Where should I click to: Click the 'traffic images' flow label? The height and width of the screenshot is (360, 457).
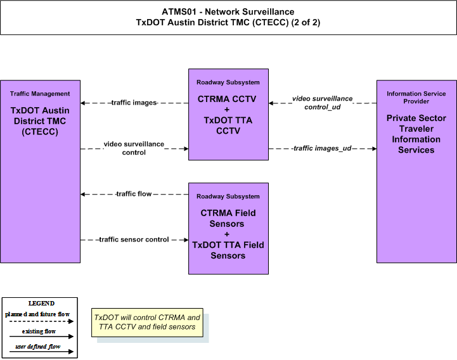[x=134, y=103]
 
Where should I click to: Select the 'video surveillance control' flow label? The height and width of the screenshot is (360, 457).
[x=134, y=148]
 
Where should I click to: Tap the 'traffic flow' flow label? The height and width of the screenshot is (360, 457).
[x=134, y=194]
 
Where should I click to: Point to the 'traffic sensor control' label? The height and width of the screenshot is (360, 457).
[x=134, y=240]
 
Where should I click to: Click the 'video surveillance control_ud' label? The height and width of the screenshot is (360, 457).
[x=323, y=103]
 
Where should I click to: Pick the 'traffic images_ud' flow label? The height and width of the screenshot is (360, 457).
[x=323, y=148]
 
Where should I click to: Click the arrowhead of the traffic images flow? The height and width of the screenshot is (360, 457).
[x=83, y=103]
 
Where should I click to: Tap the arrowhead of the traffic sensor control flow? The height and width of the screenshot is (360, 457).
[x=186, y=240]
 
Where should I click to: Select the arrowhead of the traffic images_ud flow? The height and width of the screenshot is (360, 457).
[x=374, y=149]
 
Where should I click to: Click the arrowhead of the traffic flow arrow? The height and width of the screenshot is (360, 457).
[x=83, y=194]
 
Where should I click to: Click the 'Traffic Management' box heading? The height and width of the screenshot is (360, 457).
[x=40, y=94]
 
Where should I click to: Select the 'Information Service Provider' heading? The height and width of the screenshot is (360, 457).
[x=416, y=98]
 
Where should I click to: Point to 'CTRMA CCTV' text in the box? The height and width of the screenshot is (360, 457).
[x=227, y=99]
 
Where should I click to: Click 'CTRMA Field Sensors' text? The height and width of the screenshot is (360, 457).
[x=228, y=218]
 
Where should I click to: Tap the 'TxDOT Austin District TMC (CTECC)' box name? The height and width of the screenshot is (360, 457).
[x=40, y=121]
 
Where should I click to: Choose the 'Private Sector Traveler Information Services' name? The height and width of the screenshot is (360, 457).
[x=416, y=134]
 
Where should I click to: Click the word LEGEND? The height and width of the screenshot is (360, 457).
[x=41, y=303]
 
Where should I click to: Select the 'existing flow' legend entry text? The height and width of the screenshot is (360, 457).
[x=39, y=331]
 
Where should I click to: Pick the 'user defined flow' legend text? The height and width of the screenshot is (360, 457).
[x=38, y=347]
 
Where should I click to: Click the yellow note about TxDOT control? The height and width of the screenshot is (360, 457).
[x=147, y=323]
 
